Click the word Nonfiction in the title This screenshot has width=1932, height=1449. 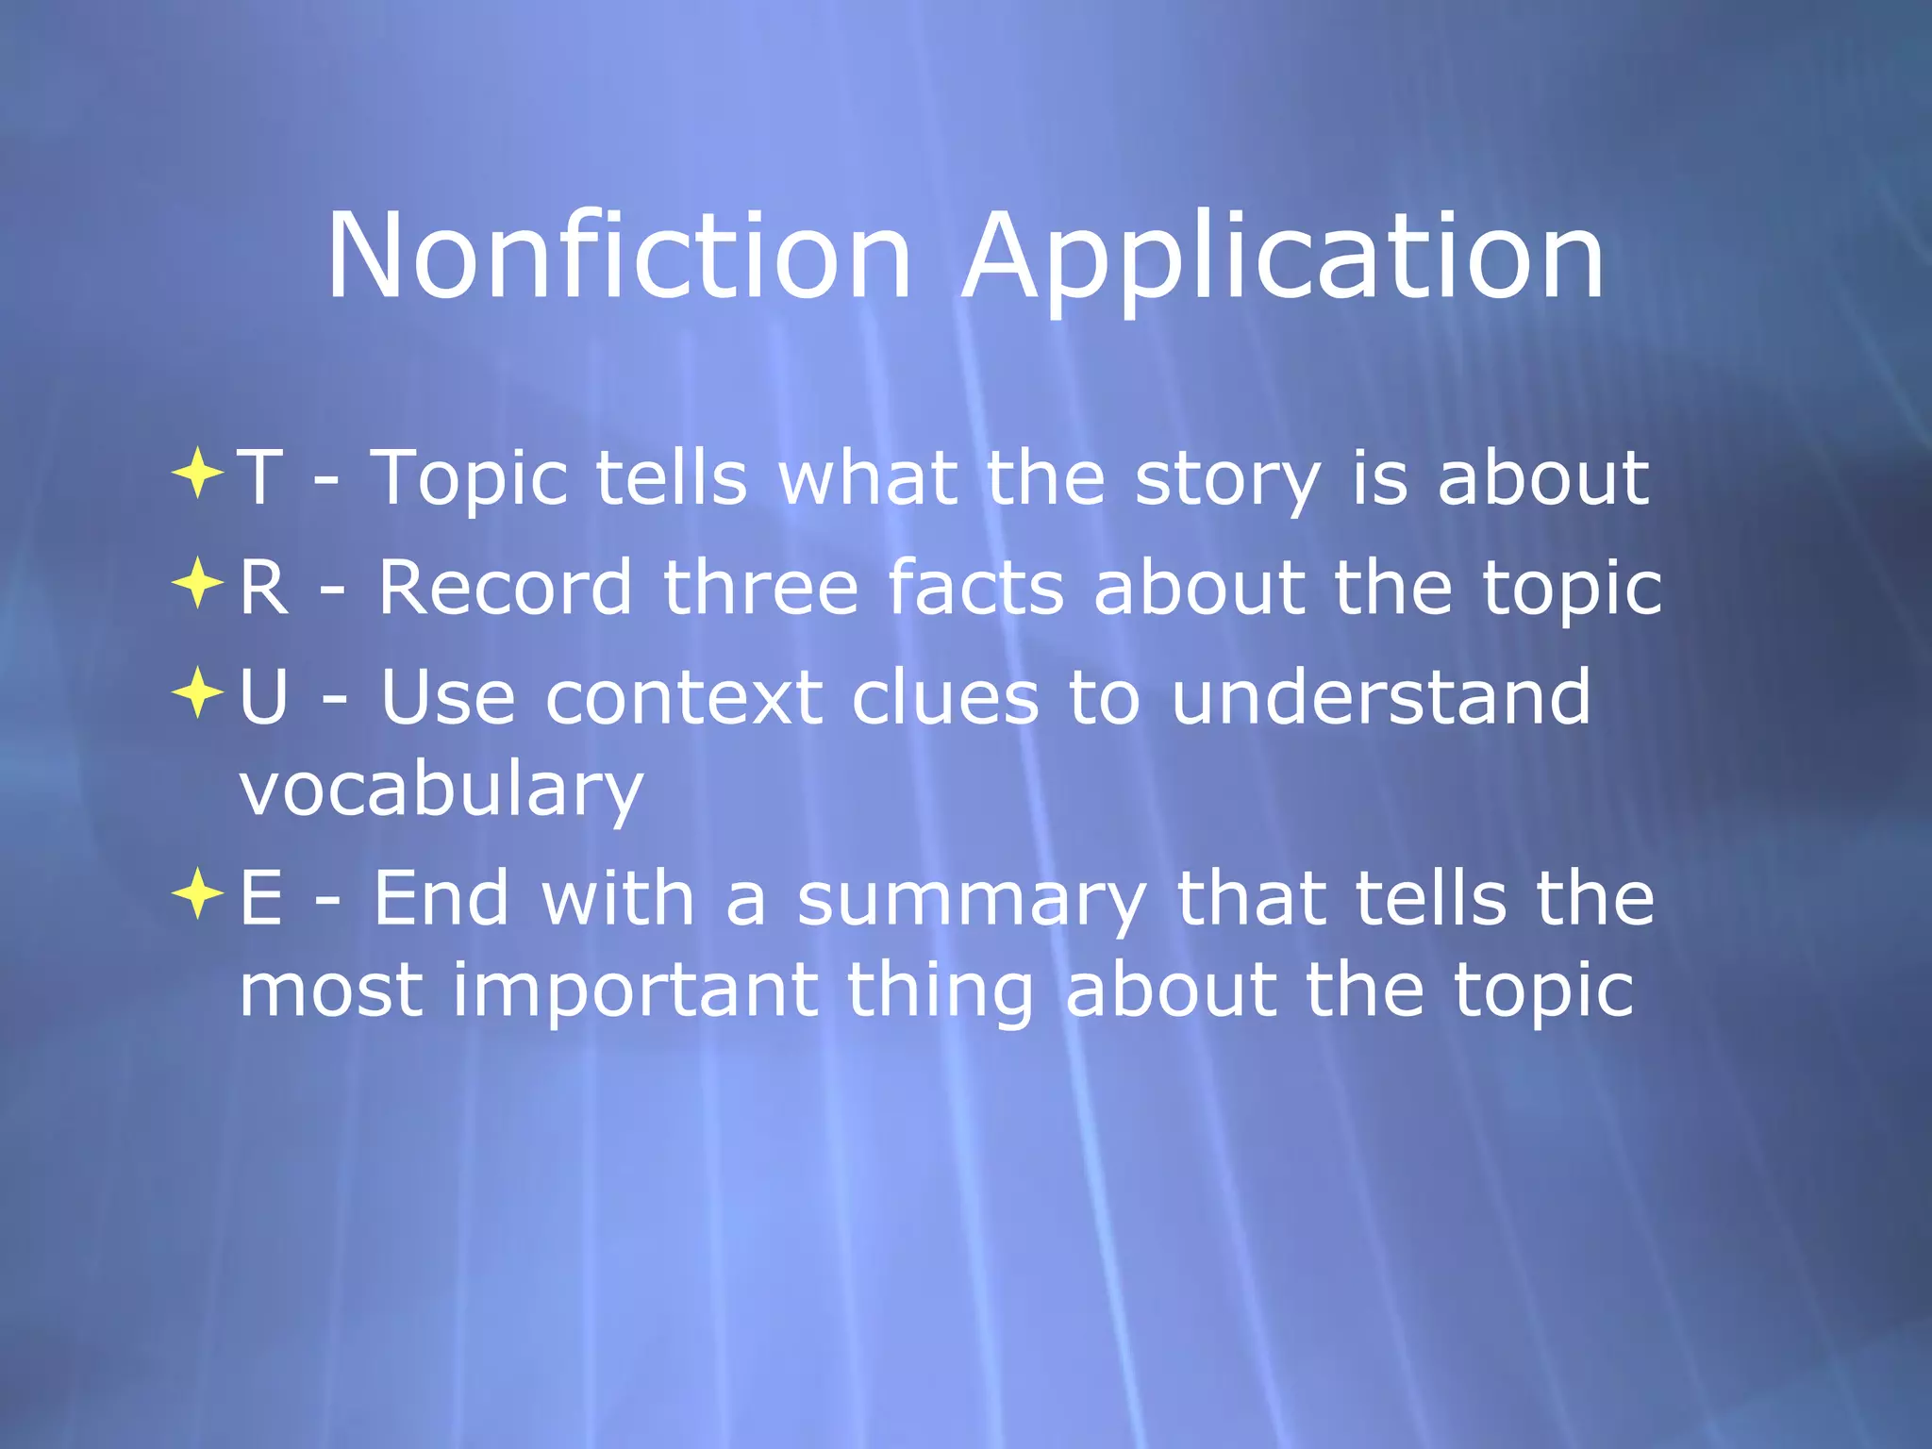tap(619, 257)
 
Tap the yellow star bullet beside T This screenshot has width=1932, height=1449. tap(197, 473)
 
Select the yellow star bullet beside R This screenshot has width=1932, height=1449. tap(197, 583)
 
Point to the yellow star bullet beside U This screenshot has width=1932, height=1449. tap(197, 692)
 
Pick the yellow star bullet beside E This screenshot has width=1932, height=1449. tap(197, 893)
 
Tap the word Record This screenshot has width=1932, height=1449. tap(505, 588)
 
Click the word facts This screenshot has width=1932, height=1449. tap(975, 588)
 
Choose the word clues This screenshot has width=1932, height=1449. tap(944, 698)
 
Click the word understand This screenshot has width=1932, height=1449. tap(1380, 698)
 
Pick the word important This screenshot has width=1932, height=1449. tap(635, 991)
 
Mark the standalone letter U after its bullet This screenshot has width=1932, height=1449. tap(263, 698)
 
